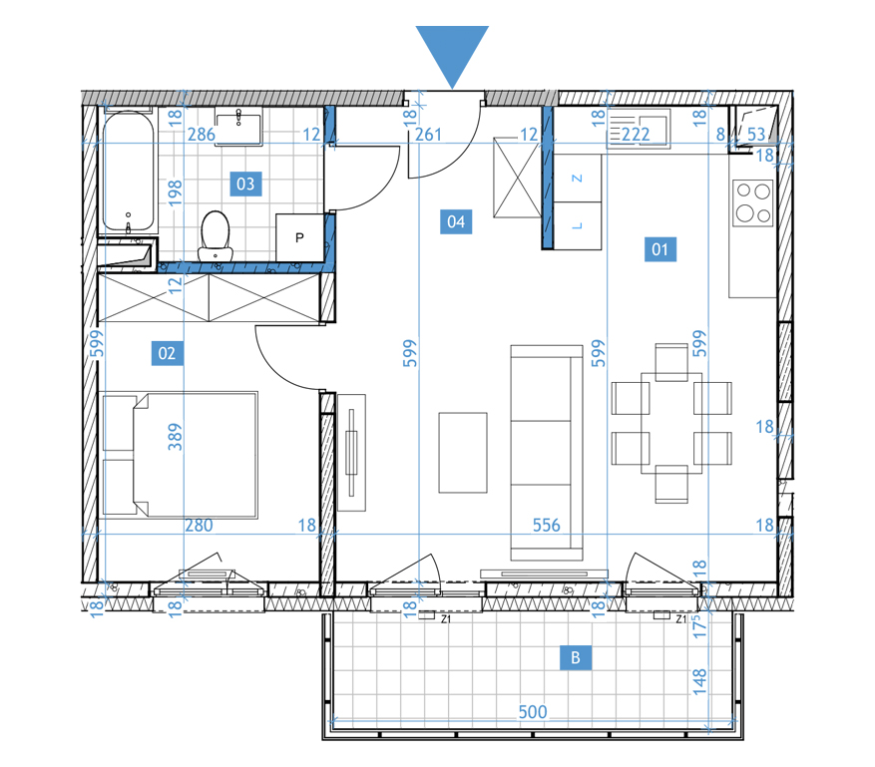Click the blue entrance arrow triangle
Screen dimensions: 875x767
(452, 50)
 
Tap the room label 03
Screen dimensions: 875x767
(245, 184)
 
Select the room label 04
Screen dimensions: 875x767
(456, 221)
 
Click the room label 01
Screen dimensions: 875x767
(660, 248)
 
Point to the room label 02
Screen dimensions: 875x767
(167, 353)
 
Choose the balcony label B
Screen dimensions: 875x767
(576, 657)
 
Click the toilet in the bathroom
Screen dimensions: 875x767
(216, 236)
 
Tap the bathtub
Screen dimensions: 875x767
(129, 172)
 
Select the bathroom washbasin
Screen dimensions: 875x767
(238, 129)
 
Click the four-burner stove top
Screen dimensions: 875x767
(753, 202)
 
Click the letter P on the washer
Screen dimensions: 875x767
(299, 237)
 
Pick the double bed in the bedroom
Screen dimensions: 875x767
(179, 455)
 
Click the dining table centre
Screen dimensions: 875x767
(671, 423)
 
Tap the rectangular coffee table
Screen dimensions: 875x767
(463, 453)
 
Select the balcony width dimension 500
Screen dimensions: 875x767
(533, 712)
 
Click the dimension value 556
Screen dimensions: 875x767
(546, 525)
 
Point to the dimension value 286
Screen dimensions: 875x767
(201, 135)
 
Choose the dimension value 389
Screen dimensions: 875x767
(176, 437)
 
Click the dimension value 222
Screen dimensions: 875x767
(636, 135)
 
